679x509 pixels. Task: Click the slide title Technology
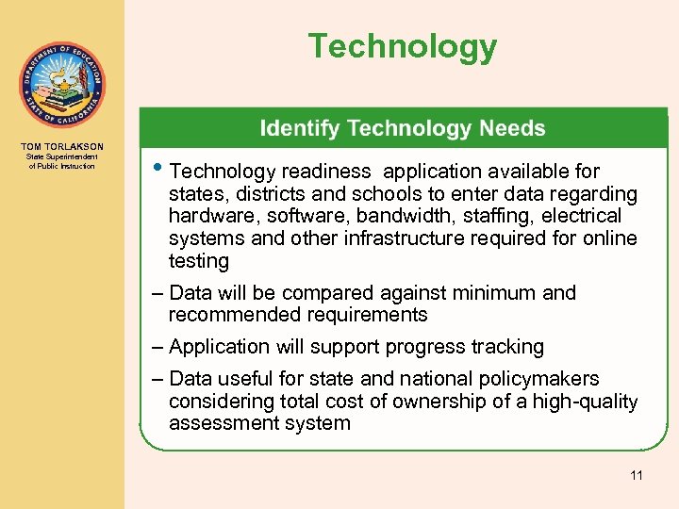pyautogui.click(x=402, y=46)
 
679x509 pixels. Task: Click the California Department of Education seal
pyautogui.click(x=61, y=86)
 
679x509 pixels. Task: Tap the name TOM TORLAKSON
pyautogui.click(x=61, y=147)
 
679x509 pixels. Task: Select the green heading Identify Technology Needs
pyautogui.click(x=402, y=128)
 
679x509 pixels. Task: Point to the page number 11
pyautogui.click(x=636, y=475)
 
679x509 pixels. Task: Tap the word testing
pyautogui.click(x=198, y=261)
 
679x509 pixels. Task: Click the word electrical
pyautogui.click(x=597, y=216)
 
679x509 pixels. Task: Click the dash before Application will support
pyautogui.click(x=157, y=347)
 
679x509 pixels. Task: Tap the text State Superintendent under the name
pyautogui.click(x=61, y=157)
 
